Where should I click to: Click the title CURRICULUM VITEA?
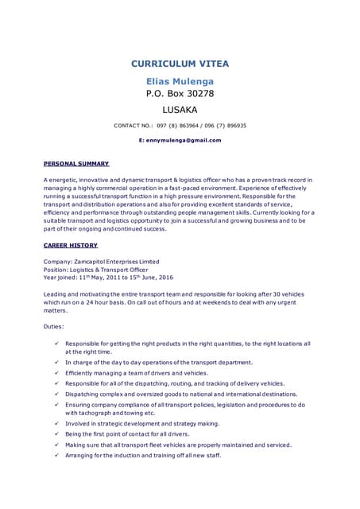point(180,64)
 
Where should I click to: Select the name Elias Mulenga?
point(180,81)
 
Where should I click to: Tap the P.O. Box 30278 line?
point(180,94)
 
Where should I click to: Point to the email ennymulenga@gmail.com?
point(184,140)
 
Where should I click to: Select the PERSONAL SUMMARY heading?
point(76,163)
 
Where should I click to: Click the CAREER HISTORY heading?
point(71,246)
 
